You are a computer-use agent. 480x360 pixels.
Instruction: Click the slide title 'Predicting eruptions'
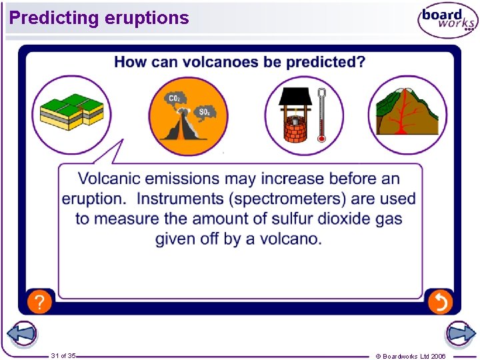click(x=99, y=18)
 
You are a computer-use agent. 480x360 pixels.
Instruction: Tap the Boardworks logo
click(x=447, y=21)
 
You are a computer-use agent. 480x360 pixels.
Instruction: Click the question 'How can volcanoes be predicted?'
click(x=239, y=62)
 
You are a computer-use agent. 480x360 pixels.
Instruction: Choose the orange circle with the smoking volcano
click(x=187, y=115)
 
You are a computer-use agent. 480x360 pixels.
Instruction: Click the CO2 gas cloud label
click(x=174, y=99)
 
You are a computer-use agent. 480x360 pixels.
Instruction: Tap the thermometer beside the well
click(x=321, y=115)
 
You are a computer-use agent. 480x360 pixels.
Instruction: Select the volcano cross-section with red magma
click(x=407, y=115)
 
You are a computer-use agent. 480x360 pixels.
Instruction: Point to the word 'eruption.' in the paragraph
click(x=94, y=199)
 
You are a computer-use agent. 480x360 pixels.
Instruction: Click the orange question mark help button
click(x=39, y=302)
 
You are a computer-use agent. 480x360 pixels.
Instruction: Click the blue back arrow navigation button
click(x=21, y=334)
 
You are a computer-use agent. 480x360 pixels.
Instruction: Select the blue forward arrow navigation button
click(x=459, y=333)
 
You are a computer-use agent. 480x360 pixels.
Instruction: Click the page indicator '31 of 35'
click(x=63, y=356)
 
